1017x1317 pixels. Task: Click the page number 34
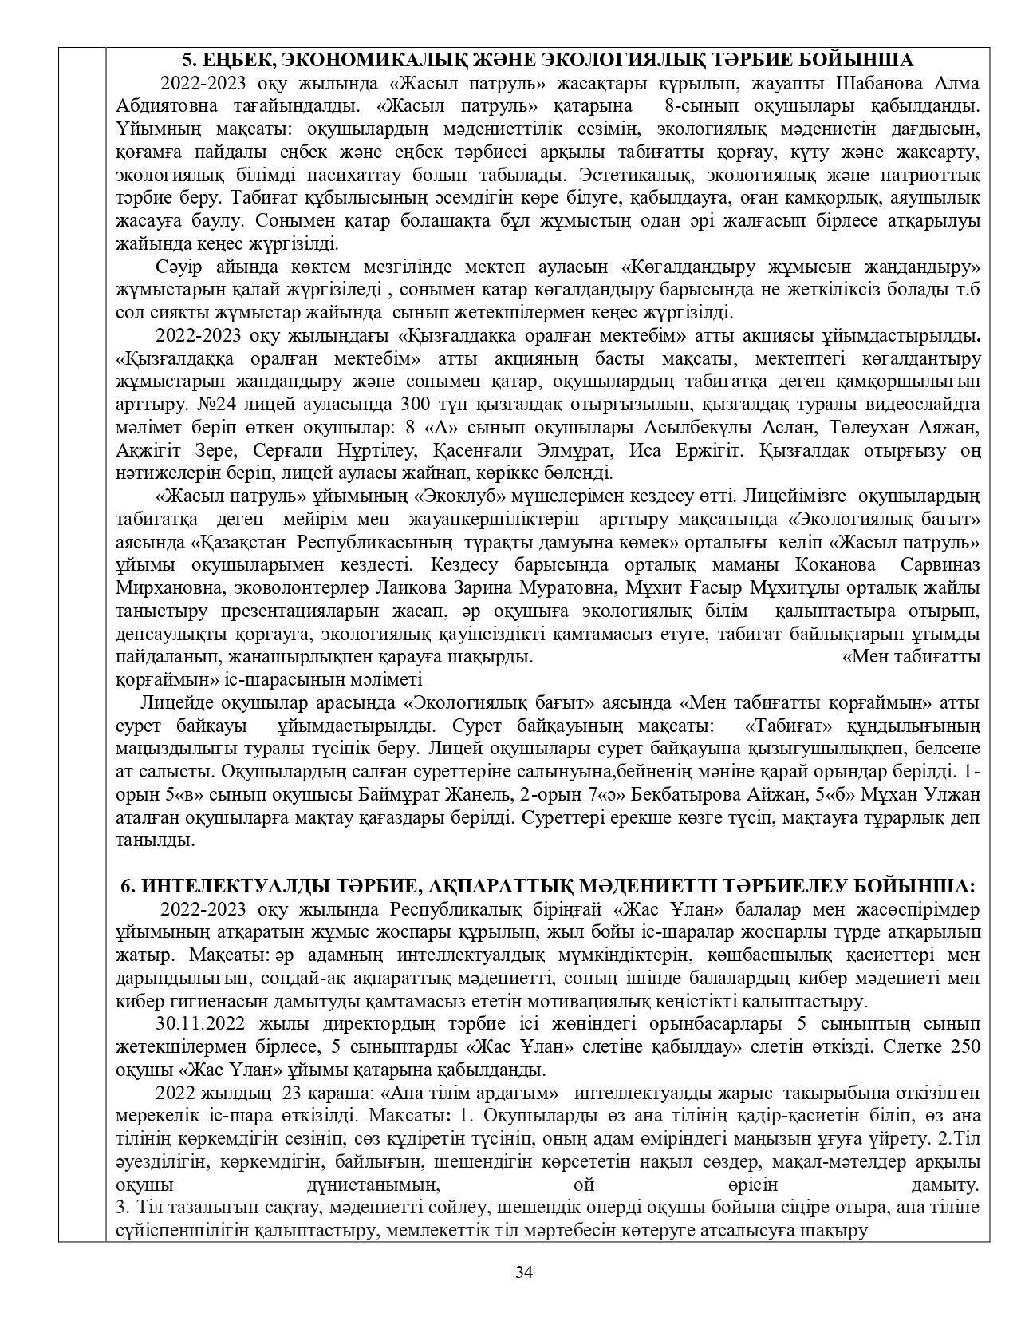(523, 1272)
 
